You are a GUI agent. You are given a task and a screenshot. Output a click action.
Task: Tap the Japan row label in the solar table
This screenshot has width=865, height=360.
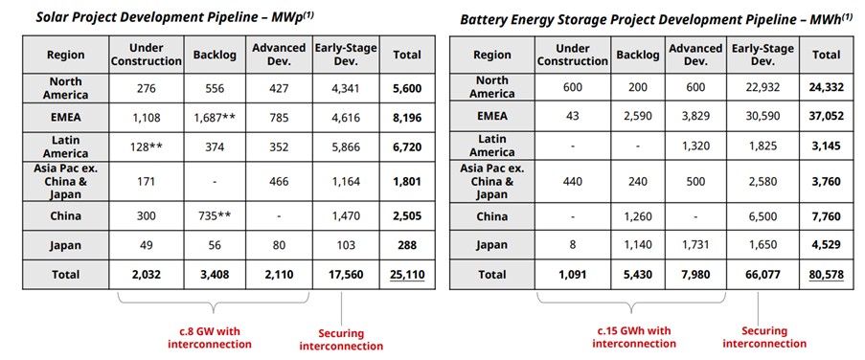(66, 245)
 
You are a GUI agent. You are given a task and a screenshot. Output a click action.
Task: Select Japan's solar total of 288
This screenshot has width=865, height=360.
(406, 245)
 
